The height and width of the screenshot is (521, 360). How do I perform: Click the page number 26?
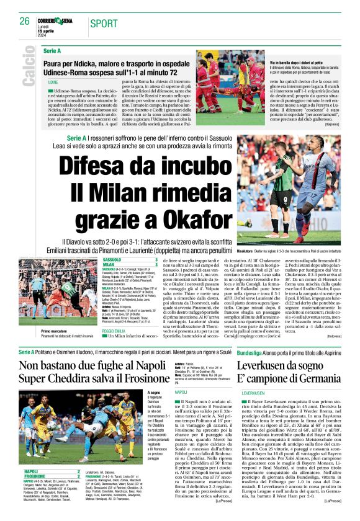(x=24, y=21)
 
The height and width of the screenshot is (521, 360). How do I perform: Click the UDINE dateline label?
(x=53, y=82)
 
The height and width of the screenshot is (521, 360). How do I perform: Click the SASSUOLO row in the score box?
(x=113, y=259)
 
